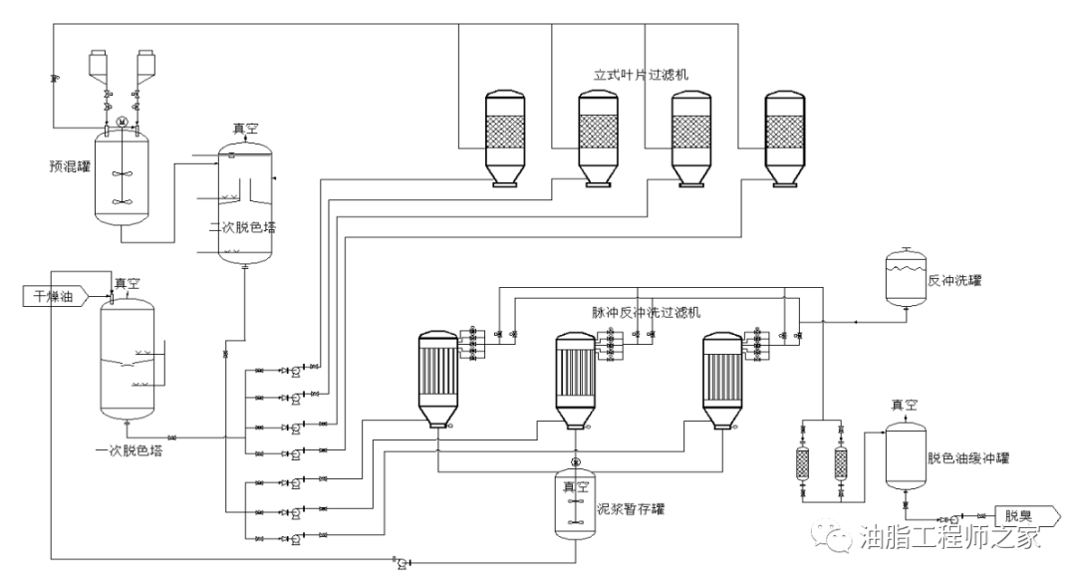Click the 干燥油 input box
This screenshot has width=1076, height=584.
[x=55, y=296]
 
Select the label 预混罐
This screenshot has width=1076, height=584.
[x=70, y=166]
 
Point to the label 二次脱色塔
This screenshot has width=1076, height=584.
[x=243, y=227]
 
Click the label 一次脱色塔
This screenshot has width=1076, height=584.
[x=130, y=450]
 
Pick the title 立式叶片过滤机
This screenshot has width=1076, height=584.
[x=641, y=75]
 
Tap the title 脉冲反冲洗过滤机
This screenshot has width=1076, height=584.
[x=647, y=313]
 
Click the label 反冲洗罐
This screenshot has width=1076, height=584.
[x=954, y=280]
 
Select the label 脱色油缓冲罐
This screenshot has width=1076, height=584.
[x=968, y=457]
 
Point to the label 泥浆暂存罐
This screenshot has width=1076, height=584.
[x=631, y=509]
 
